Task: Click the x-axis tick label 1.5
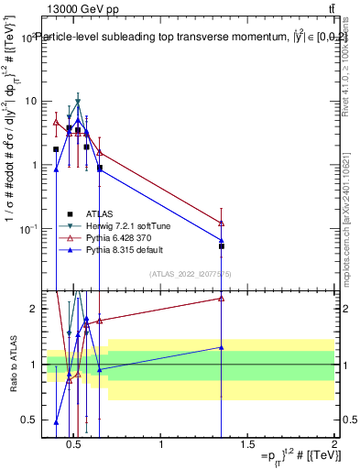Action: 247,445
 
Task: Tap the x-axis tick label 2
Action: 333,445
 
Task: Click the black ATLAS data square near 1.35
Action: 222,245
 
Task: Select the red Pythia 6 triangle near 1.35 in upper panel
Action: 222,223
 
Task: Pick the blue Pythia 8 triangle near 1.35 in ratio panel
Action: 222,347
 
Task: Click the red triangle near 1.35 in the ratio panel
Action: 222,298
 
